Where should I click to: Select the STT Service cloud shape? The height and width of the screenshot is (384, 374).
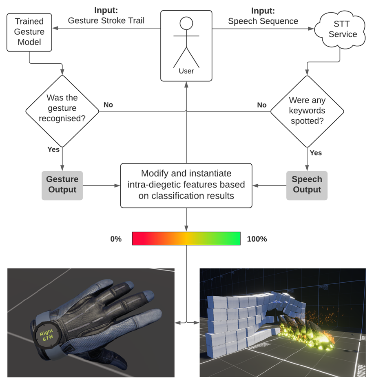coord(342,29)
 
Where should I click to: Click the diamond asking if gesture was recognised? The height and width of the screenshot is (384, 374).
coord(62,110)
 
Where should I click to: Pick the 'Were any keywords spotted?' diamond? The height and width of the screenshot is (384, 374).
coord(307,111)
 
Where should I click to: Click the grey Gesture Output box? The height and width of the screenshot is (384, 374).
coord(62,185)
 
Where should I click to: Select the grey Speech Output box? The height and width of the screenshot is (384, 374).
coord(307,185)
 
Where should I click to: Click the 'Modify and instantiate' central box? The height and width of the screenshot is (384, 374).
coord(186,185)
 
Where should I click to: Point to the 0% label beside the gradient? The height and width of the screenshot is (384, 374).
coord(116,239)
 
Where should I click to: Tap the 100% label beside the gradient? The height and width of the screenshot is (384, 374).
coord(257,239)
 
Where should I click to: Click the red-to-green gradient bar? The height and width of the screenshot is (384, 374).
coord(186,238)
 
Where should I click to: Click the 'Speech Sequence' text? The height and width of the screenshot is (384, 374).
coord(263,21)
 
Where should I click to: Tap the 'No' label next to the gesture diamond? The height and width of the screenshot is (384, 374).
coord(108,105)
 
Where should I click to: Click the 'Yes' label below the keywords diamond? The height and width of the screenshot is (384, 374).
coord(316,153)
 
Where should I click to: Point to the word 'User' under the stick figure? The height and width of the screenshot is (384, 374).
coord(186,71)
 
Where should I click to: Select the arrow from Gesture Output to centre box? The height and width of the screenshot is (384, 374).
coord(102,185)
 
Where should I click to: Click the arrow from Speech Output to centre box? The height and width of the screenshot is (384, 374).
coord(269,185)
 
